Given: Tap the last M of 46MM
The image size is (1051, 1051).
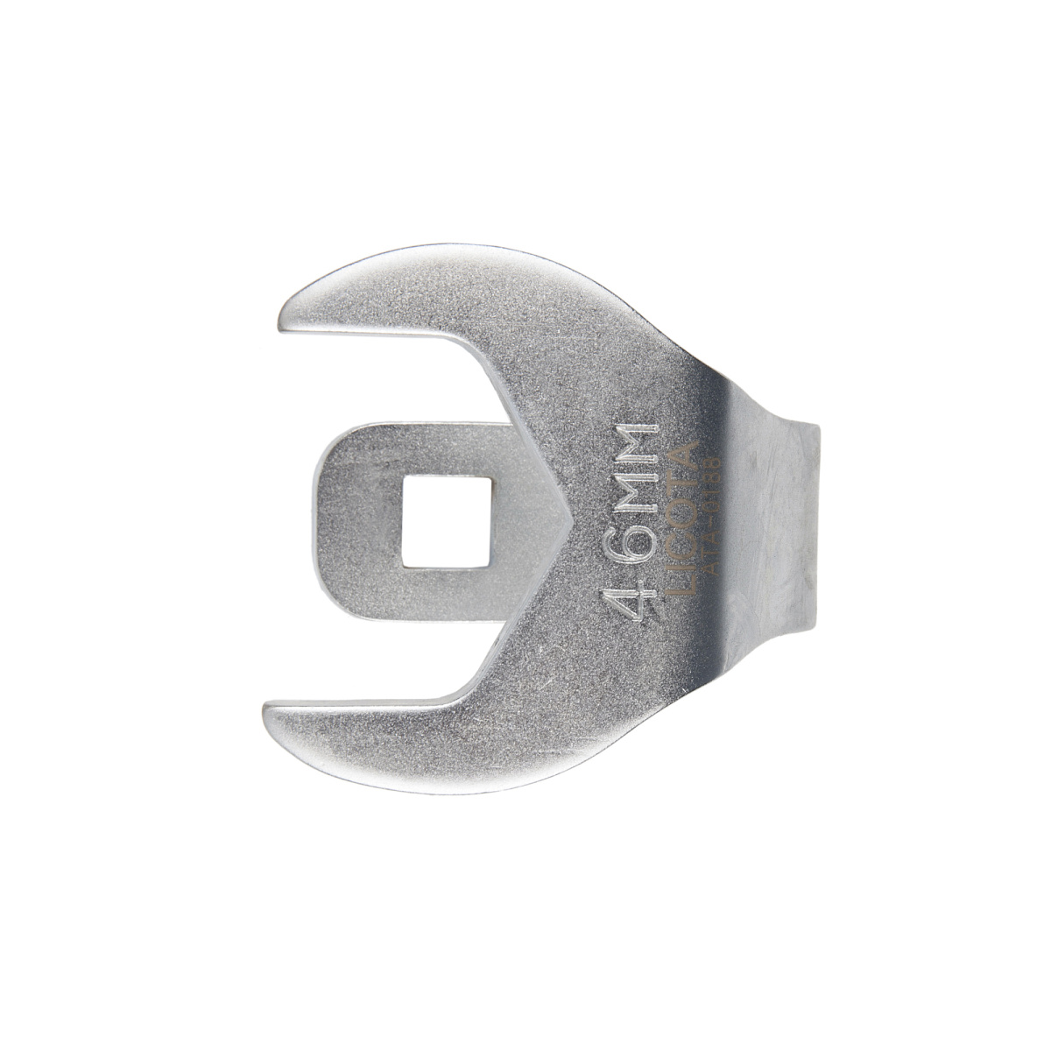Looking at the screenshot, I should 638,440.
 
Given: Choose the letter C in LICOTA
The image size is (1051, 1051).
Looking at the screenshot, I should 681,561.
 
